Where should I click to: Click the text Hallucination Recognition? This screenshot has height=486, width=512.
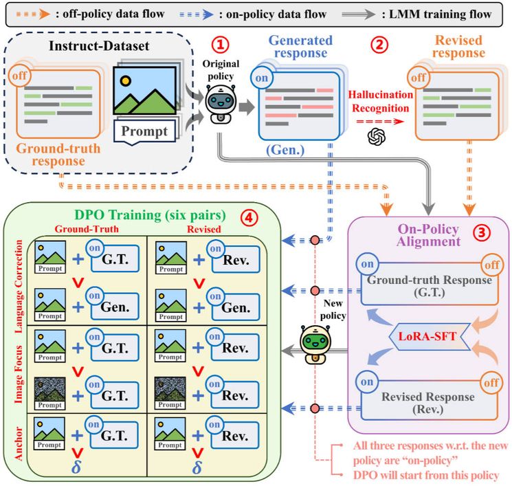click(378, 101)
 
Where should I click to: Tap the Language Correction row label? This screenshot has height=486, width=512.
click(18, 285)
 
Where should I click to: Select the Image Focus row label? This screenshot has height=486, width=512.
click(18, 371)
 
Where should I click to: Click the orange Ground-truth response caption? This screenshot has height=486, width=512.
click(57, 154)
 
